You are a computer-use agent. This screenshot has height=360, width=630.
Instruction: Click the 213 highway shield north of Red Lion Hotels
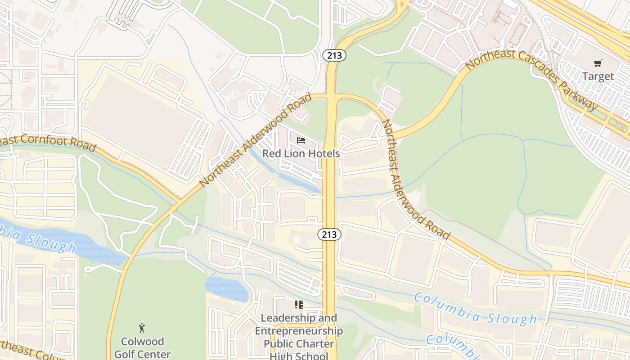(x=334, y=55)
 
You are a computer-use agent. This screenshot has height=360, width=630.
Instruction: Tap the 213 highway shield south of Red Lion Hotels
(x=329, y=234)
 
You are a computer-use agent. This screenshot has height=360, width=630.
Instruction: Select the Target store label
(x=598, y=76)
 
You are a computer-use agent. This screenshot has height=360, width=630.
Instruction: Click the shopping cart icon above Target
(x=598, y=63)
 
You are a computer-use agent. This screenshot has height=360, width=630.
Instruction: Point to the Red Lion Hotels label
(x=301, y=153)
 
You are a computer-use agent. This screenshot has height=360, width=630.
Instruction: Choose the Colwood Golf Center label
(x=142, y=347)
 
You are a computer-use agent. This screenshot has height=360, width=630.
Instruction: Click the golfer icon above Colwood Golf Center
(x=142, y=328)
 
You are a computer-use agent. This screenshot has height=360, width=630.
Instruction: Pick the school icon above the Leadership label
(x=299, y=305)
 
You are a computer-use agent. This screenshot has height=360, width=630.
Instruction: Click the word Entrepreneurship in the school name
(x=299, y=331)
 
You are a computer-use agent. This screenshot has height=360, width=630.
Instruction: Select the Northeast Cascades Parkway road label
(x=531, y=79)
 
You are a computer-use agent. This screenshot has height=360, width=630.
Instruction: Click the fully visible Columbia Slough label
(x=475, y=309)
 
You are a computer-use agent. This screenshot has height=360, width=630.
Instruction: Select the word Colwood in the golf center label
(x=142, y=342)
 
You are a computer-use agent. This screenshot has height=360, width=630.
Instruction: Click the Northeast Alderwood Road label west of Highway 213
(x=255, y=140)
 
